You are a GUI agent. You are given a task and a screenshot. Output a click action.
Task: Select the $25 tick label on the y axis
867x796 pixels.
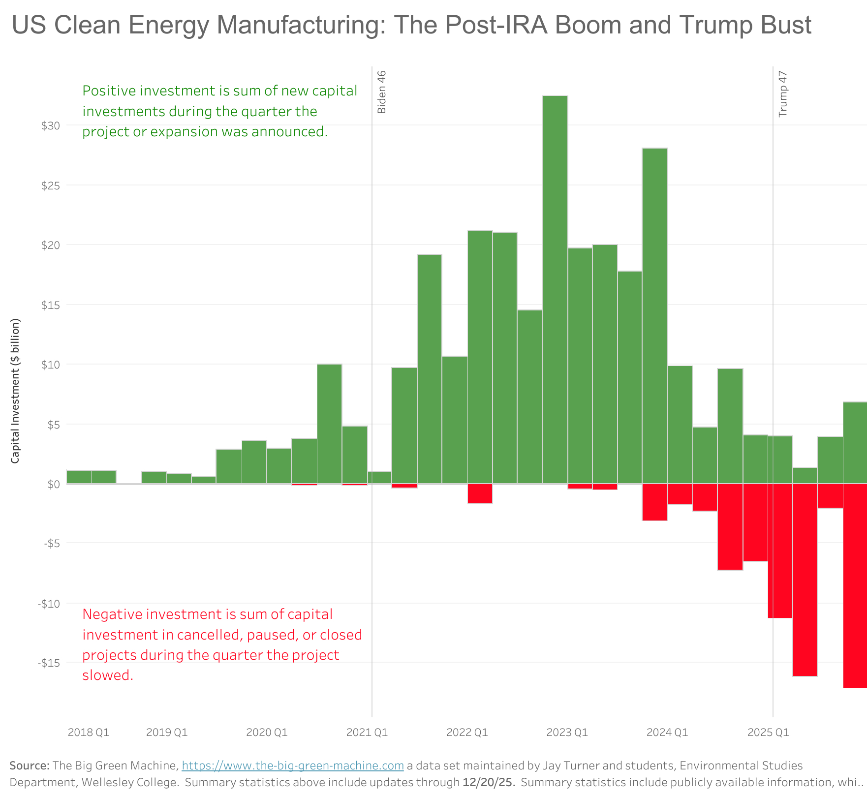pos(51,185)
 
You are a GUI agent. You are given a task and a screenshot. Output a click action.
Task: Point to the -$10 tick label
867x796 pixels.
pos(49,604)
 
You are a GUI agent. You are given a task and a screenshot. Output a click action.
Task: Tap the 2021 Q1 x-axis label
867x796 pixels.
pos(367,733)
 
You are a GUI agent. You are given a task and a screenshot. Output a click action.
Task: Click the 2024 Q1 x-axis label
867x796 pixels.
pos(667,733)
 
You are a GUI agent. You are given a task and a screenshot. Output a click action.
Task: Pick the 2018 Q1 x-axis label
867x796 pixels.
pos(89,733)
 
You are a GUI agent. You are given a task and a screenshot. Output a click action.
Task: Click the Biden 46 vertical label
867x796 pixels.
pos(382,92)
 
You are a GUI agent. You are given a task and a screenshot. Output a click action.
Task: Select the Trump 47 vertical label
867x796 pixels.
pos(783,94)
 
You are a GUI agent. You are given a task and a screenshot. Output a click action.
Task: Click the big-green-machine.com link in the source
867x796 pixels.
pos(293,766)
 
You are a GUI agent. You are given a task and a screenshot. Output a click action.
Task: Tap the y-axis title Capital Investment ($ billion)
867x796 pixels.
pos(16,391)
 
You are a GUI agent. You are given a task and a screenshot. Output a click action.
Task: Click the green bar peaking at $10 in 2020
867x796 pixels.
pos(329,424)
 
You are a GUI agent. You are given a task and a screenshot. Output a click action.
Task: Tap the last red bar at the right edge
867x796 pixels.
pos(855,585)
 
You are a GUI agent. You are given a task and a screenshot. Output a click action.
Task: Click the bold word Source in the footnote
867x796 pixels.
pos(29,766)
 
